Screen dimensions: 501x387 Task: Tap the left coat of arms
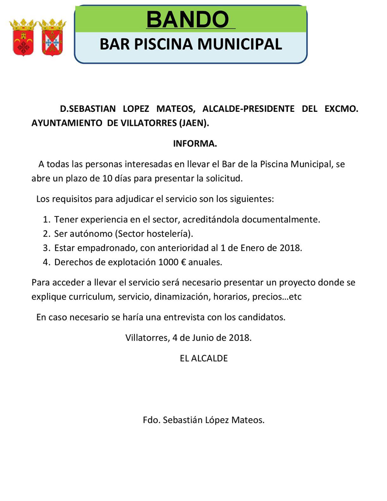(x=22, y=37)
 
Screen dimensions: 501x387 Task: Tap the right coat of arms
(x=52, y=37)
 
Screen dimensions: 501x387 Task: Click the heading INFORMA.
(x=195, y=143)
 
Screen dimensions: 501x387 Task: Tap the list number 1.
(x=46, y=219)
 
